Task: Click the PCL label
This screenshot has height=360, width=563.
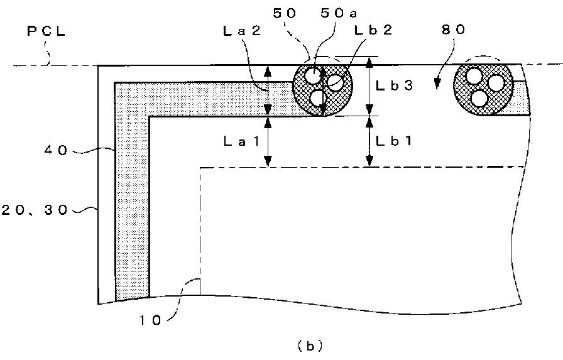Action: (46, 31)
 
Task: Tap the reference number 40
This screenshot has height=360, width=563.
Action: (56, 150)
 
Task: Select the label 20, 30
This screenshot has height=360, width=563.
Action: (34, 210)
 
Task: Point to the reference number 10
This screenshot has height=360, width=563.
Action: (150, 320)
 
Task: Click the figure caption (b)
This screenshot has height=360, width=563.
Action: (310, 346)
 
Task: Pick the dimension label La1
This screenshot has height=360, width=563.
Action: (242, 141)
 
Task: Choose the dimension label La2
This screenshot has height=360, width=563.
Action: (242, 31)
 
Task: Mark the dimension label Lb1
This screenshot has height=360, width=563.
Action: (394, 141)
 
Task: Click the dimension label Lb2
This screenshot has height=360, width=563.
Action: (373, 30)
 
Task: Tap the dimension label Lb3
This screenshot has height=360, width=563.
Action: (394, 85)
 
